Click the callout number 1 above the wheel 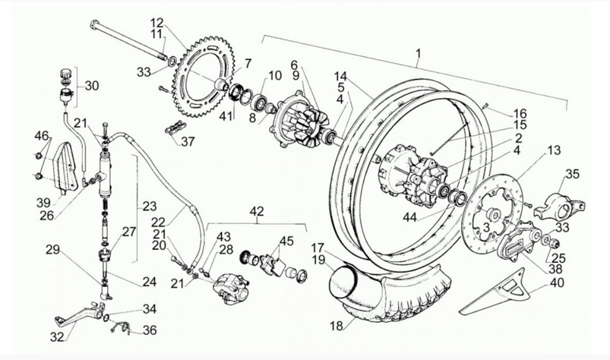coord(417,54)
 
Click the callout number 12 coord(156,21)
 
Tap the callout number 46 coord(41,137)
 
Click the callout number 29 coord(52,250)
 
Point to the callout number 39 coord(43,202)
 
